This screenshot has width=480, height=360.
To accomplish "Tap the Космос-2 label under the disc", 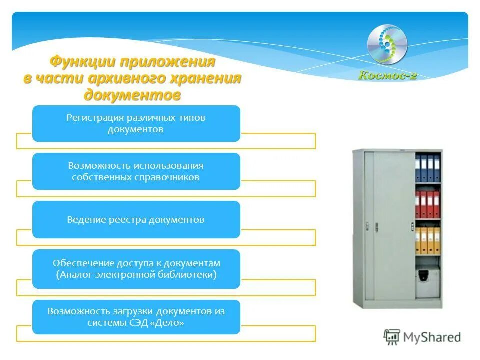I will pyautogui.click(x=388, y=75).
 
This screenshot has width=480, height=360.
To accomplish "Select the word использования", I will pyautogui.click(x=170, y=165).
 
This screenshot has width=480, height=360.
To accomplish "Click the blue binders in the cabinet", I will pyautogui.click(x=428, y=167).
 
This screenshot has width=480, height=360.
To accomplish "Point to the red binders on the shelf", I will pyautogui.click(x=427, y=203).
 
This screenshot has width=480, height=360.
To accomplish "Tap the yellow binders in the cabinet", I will pyautogui.click(x=427, y=240).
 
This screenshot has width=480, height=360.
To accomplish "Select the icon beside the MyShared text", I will pyautogui.click(x=392, y=337).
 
